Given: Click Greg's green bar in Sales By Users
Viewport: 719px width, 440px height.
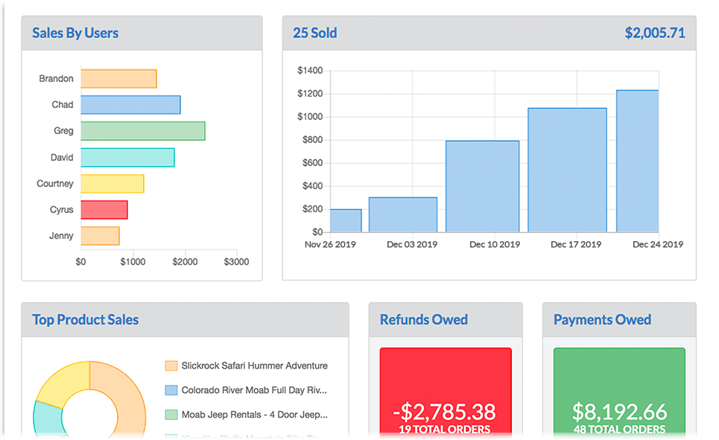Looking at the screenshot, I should click(x=142, y=131).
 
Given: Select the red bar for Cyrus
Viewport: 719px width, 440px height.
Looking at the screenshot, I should click(x=104, y=210).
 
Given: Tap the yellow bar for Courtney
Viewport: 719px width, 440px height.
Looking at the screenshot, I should click(x=112, y=184).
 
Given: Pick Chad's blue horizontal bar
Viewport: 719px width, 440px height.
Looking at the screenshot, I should click(x=130, y=105).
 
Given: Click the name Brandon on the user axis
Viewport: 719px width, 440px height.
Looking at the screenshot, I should click(x=57, y=79).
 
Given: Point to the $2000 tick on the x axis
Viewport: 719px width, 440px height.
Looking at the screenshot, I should click(x=185, y=262).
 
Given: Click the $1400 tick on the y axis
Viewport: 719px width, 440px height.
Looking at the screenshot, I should click(x=309, y=71).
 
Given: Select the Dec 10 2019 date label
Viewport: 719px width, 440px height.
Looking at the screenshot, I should click(x=494, y=244).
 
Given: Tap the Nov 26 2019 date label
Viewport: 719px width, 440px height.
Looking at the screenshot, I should click(x=331, y=244).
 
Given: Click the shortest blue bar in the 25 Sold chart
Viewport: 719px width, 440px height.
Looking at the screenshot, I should click(x=346, y=220).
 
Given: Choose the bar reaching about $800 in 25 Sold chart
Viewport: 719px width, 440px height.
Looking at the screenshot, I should click(x=482, y=186).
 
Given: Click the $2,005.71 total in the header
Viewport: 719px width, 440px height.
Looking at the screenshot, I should click(x=654, y=33).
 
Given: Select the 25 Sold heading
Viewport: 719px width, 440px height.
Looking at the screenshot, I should click(x=314, y=33).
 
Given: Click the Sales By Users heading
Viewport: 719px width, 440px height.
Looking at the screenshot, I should click(x=75, y=33).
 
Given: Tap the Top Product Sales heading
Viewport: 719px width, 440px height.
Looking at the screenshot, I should click(x=85, y=319).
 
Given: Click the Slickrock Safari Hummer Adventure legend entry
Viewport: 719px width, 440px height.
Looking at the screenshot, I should click(x=254, y=366).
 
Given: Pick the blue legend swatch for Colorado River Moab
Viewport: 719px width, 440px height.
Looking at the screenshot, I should click(x=171, y=390).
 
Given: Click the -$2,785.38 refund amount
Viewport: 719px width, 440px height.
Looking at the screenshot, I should click(x=445, y=411).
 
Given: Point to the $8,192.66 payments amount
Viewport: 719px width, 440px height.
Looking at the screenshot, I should click(x=619, y=411).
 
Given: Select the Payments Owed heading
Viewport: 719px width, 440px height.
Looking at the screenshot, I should click(x=602, y=319).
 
